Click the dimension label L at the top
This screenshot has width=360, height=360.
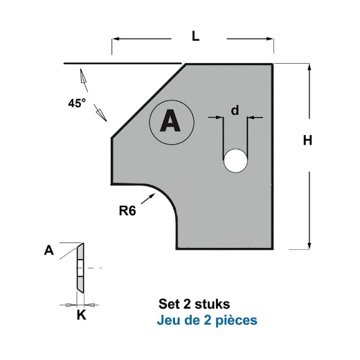point(196,38)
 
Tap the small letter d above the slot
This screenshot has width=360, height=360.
point(235,110)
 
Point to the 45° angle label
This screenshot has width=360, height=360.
point(77,103)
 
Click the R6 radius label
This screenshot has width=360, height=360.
point(127,212)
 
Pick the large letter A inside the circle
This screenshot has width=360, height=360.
point(168,122)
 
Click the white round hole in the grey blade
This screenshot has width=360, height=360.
point(235,161)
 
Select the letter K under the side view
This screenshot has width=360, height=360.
point(80,315)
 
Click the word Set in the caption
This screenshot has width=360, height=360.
point(169,304)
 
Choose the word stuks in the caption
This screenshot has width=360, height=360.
point(214,304)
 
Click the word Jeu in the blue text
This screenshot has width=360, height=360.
point(170,321)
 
